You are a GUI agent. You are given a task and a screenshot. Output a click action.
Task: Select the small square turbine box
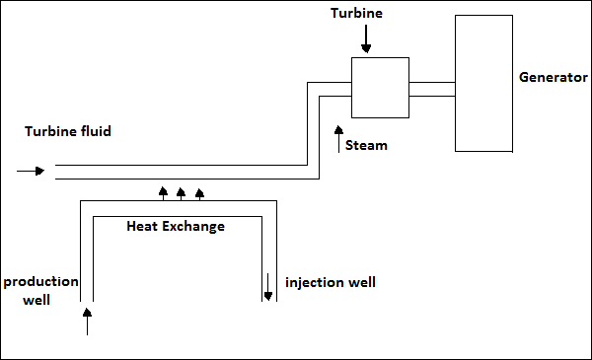[380, 87]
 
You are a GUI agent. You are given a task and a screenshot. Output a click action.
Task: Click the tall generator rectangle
[483, 83]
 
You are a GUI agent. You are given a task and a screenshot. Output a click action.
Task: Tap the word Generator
[553, 76]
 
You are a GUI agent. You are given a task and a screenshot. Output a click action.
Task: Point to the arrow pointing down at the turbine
[366, 39]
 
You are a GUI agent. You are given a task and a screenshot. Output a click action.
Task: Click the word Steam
[368, 145]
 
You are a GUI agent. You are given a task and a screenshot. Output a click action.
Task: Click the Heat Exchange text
[176, 226]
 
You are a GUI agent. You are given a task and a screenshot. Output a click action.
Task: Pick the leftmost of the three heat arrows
[164, 191]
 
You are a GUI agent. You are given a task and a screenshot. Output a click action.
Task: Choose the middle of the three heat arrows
[182, 191]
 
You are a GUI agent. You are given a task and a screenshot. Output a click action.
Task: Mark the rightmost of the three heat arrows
[199, 191]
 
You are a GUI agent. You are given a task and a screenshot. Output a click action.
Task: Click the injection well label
[330, 282]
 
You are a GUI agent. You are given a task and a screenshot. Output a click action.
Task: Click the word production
[40, 281]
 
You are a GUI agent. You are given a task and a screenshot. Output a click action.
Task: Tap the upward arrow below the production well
[87, 321]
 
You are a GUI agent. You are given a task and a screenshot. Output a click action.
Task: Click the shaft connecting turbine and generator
[431, 89]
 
